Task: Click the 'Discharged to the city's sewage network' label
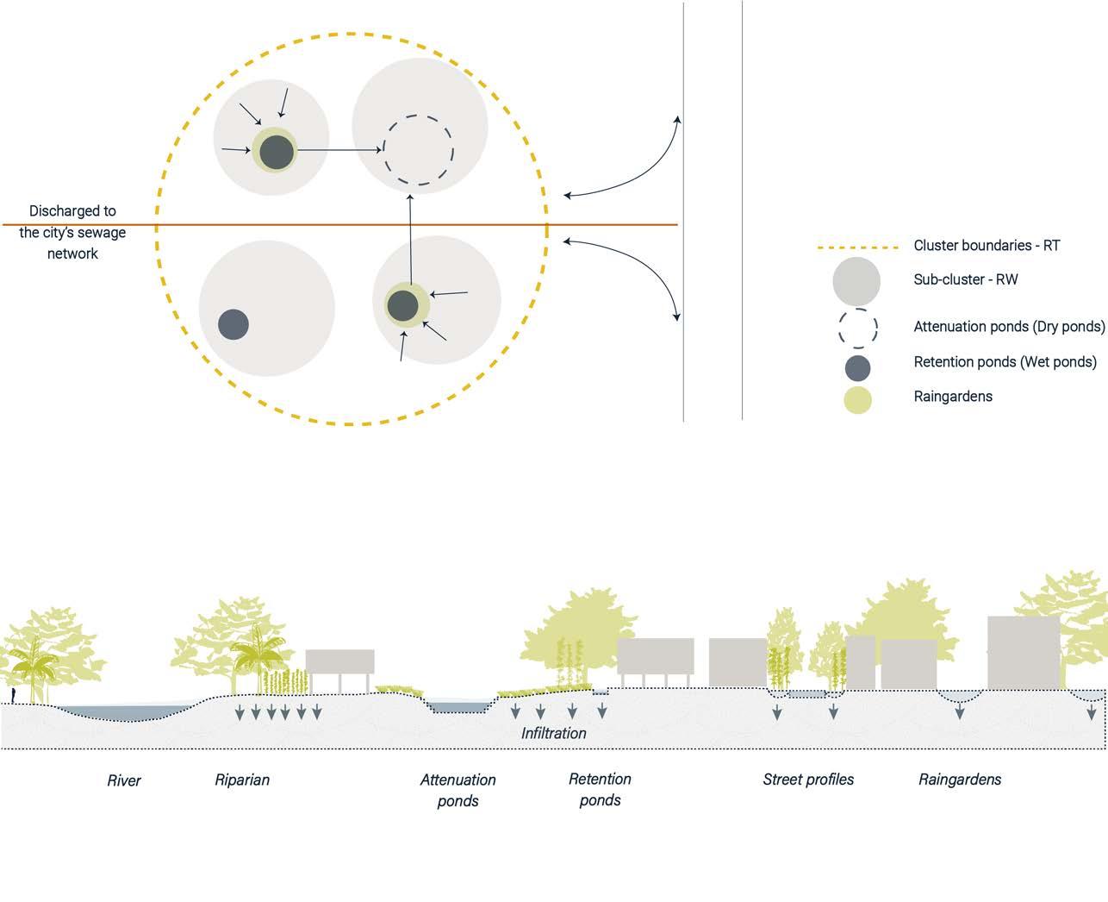[x=72, y=232]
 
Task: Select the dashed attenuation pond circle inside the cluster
[x=418, y=150]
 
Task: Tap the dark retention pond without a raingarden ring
[x=233, y=325]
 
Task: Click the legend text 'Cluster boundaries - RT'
[x=987, y=246]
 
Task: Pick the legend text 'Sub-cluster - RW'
[x=966, y=279]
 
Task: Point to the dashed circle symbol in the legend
[x=857, y=328]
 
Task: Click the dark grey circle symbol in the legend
[x=857, y=367]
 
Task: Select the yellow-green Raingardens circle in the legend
[x=857, y=399]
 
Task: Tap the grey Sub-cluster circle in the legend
[x=856, y=282]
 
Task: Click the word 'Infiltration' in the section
[x=553, y=733]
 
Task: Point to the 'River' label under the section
[x=123, y=780]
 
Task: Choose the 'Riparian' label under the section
[x=242, y=780]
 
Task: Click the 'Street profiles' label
[x=808, y=780]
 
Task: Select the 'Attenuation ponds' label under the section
[x=458, y=790]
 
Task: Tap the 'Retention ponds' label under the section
[x=600, y=789]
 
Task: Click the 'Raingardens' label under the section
[x=960, y=780]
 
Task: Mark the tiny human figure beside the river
[x=13, y=695]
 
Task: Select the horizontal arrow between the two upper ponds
[x=340, y=151]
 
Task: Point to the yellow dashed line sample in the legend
[x=857, y=247]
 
